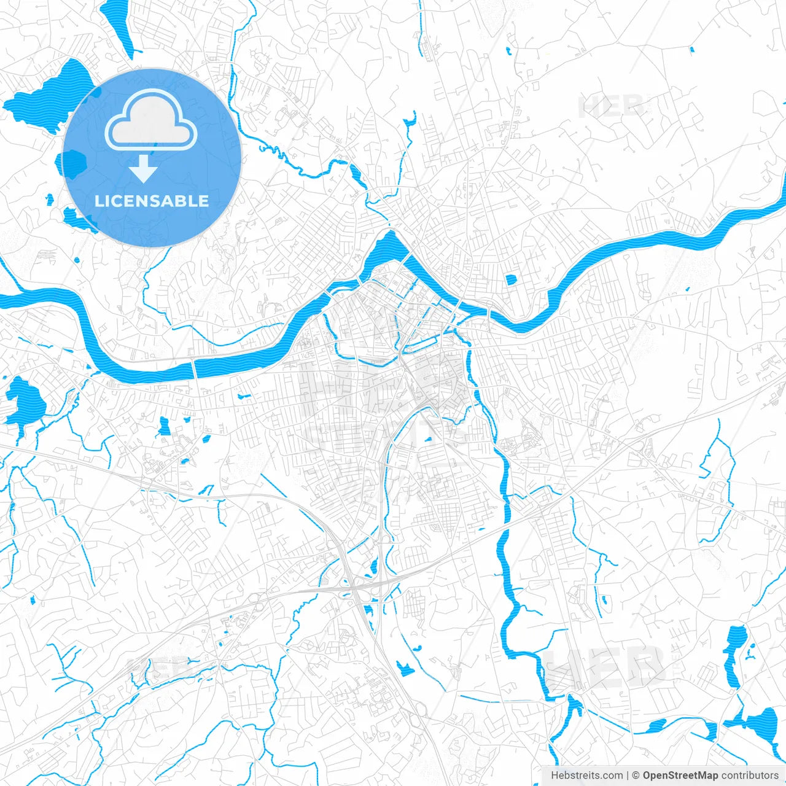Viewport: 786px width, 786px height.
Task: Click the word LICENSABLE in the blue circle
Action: tap(152, 201)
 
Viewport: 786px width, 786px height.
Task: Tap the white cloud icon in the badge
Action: tap(151, 121)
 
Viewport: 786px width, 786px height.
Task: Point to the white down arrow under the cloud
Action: tap(144, 169)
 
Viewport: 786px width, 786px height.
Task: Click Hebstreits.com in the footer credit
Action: tap(586, 776)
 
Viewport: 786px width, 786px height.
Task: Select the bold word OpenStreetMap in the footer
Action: tap(680, 776)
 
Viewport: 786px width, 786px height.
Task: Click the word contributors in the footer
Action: tap(750, 776)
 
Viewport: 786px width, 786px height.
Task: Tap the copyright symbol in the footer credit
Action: tap(636, 776)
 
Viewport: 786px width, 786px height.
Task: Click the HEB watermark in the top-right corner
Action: tap(611, 106)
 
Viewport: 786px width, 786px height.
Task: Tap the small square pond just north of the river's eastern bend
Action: tap(511, 280)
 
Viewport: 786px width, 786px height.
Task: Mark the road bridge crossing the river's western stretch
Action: tap(195, 368)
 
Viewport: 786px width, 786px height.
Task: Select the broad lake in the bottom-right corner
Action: tap(761, 725)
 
